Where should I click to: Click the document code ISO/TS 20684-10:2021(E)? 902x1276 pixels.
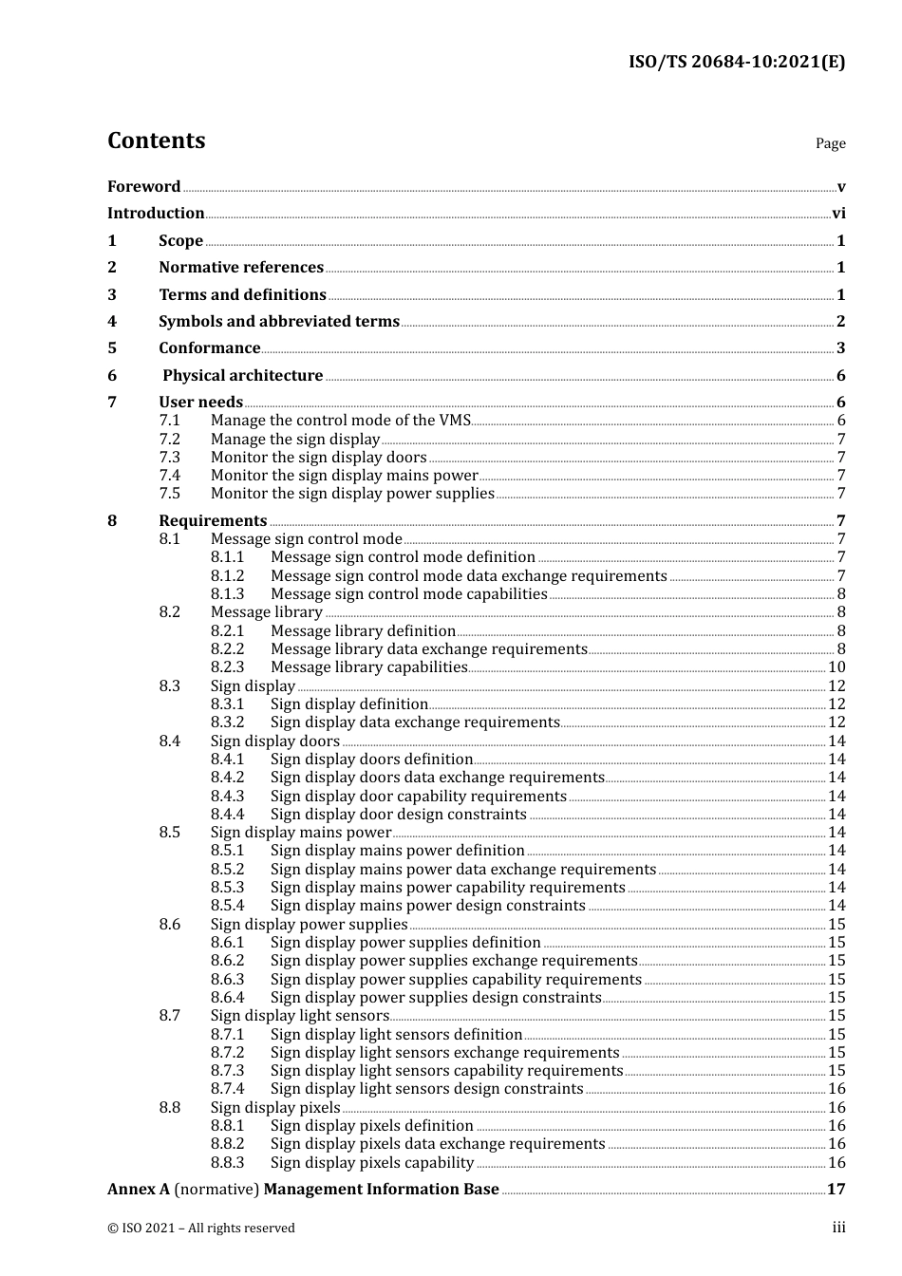736,63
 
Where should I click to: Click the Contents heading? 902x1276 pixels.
156,141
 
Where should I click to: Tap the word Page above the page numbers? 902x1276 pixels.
830,143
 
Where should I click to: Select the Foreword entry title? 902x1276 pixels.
143,187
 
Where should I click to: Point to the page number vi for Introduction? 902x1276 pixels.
838,214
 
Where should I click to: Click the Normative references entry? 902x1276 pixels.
241,268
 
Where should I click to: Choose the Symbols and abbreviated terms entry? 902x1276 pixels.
279,322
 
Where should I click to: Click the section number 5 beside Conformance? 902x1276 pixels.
112,348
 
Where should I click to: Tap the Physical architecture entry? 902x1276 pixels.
243,376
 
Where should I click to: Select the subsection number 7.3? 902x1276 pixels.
169,458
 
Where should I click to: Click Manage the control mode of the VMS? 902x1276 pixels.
340,421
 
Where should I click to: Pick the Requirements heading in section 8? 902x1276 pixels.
213,521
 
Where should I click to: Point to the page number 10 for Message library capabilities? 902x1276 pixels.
836,667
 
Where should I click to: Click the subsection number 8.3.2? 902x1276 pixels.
227,722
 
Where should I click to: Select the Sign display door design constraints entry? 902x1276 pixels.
398,815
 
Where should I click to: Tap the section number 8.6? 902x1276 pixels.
169,925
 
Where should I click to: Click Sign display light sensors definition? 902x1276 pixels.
396,1035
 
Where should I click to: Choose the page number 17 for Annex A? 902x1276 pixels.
836,1190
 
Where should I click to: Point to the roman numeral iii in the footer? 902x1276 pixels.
838,1228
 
